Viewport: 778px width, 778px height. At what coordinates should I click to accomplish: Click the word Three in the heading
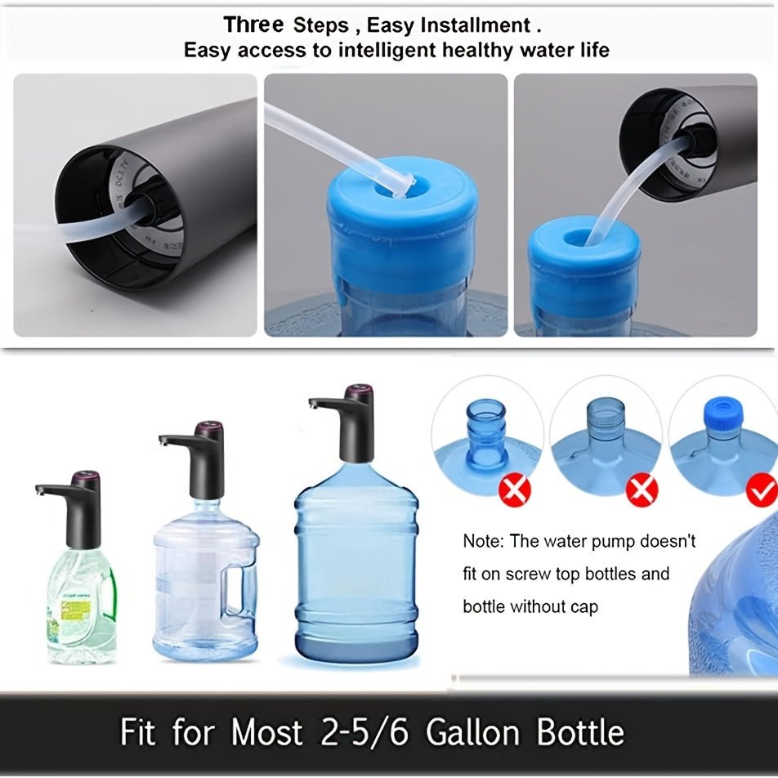(254, 25)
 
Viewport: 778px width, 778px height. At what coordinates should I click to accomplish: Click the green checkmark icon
(762, 490)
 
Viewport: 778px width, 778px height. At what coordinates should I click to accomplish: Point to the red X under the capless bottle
(642, 490)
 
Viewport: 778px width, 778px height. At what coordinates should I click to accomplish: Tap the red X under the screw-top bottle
(516, 490)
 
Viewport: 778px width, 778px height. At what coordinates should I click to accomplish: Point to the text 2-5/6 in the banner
(354, 731)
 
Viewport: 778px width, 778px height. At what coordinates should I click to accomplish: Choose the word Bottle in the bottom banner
(578, 731)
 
